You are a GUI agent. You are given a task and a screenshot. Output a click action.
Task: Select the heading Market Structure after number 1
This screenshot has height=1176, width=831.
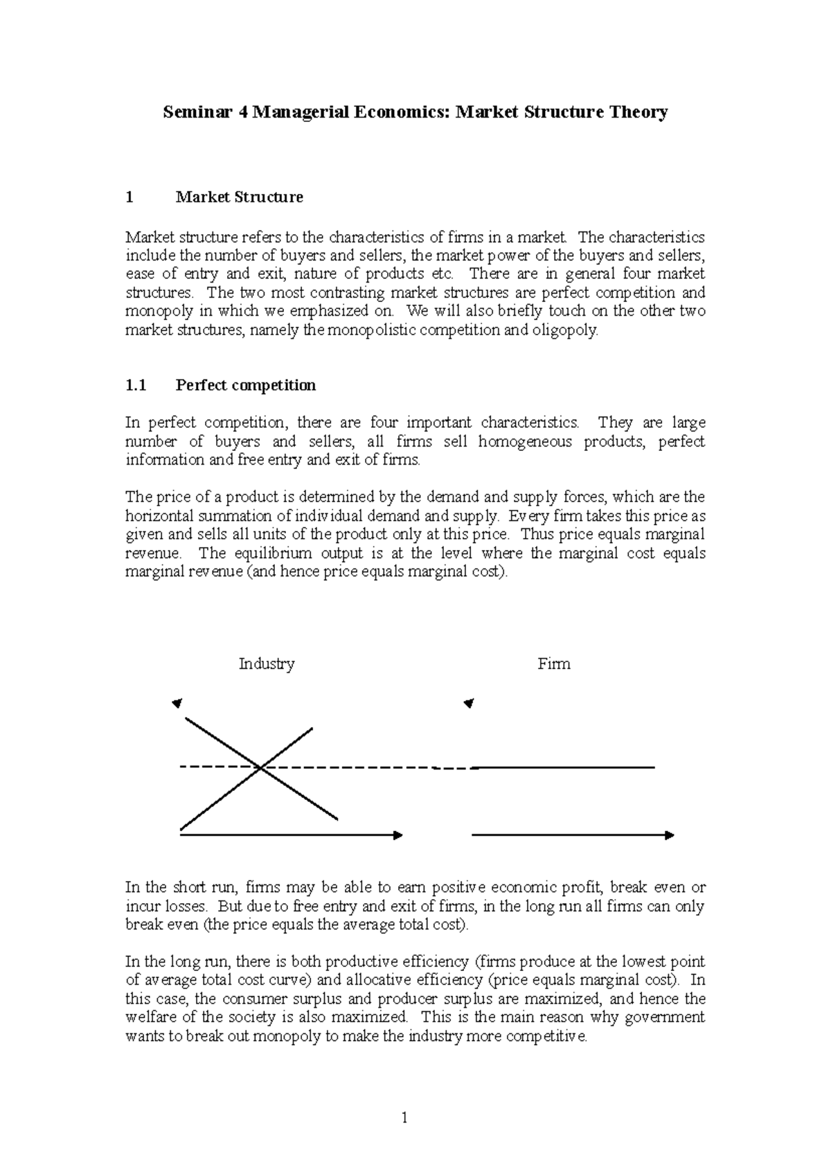(x=239, y=197)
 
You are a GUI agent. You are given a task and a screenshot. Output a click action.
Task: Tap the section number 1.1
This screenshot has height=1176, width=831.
(x=136, y=386)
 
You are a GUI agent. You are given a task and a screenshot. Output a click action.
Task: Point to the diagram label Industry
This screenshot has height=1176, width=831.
(x=267, y=664)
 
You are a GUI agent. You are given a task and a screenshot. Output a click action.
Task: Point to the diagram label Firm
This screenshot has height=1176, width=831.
(x=553, y=664)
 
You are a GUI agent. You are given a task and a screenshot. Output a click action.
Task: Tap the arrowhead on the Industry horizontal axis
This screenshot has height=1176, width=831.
(x=398, y=835)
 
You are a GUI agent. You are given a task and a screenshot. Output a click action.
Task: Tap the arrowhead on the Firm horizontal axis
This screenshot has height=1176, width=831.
(x=669, y=835)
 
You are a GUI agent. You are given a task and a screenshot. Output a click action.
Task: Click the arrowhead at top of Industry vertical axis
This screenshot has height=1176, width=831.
(x=177, y=704)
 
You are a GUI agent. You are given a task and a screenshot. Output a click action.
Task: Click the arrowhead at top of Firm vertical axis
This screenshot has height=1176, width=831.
(x=470, y=704)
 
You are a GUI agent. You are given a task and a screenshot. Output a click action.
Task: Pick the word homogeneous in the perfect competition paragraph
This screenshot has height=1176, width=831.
(x=525, y=442)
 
